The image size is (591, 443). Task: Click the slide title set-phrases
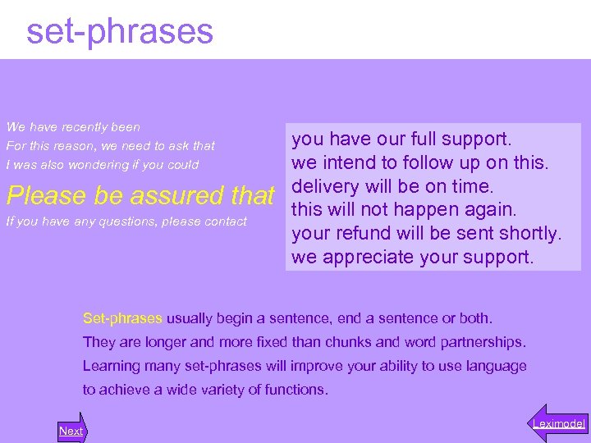(x=120, y=31)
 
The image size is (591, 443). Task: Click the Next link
(x=71, y=431)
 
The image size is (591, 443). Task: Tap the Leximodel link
(x=558, y=423)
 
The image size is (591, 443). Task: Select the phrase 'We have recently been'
(x=73, y=127)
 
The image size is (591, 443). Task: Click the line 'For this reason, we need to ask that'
(x=110, y=146)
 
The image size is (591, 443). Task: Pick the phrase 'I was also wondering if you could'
(x=102, y=165)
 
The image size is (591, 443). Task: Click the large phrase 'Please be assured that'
(x=140, y=196)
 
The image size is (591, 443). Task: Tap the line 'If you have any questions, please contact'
(x=126, y=221)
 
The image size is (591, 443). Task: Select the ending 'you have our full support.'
(x=401, y=139)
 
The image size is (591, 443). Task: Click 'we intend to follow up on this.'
(x=419, y=162)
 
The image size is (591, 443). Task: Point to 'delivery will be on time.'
(x=392, y=185)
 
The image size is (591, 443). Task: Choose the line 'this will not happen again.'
(x=405, y=209)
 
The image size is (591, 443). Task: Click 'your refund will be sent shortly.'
(x=427, y=233)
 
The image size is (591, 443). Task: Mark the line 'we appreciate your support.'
(x=412, y=257)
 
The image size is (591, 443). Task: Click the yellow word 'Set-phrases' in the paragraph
(x=123, y=318)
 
